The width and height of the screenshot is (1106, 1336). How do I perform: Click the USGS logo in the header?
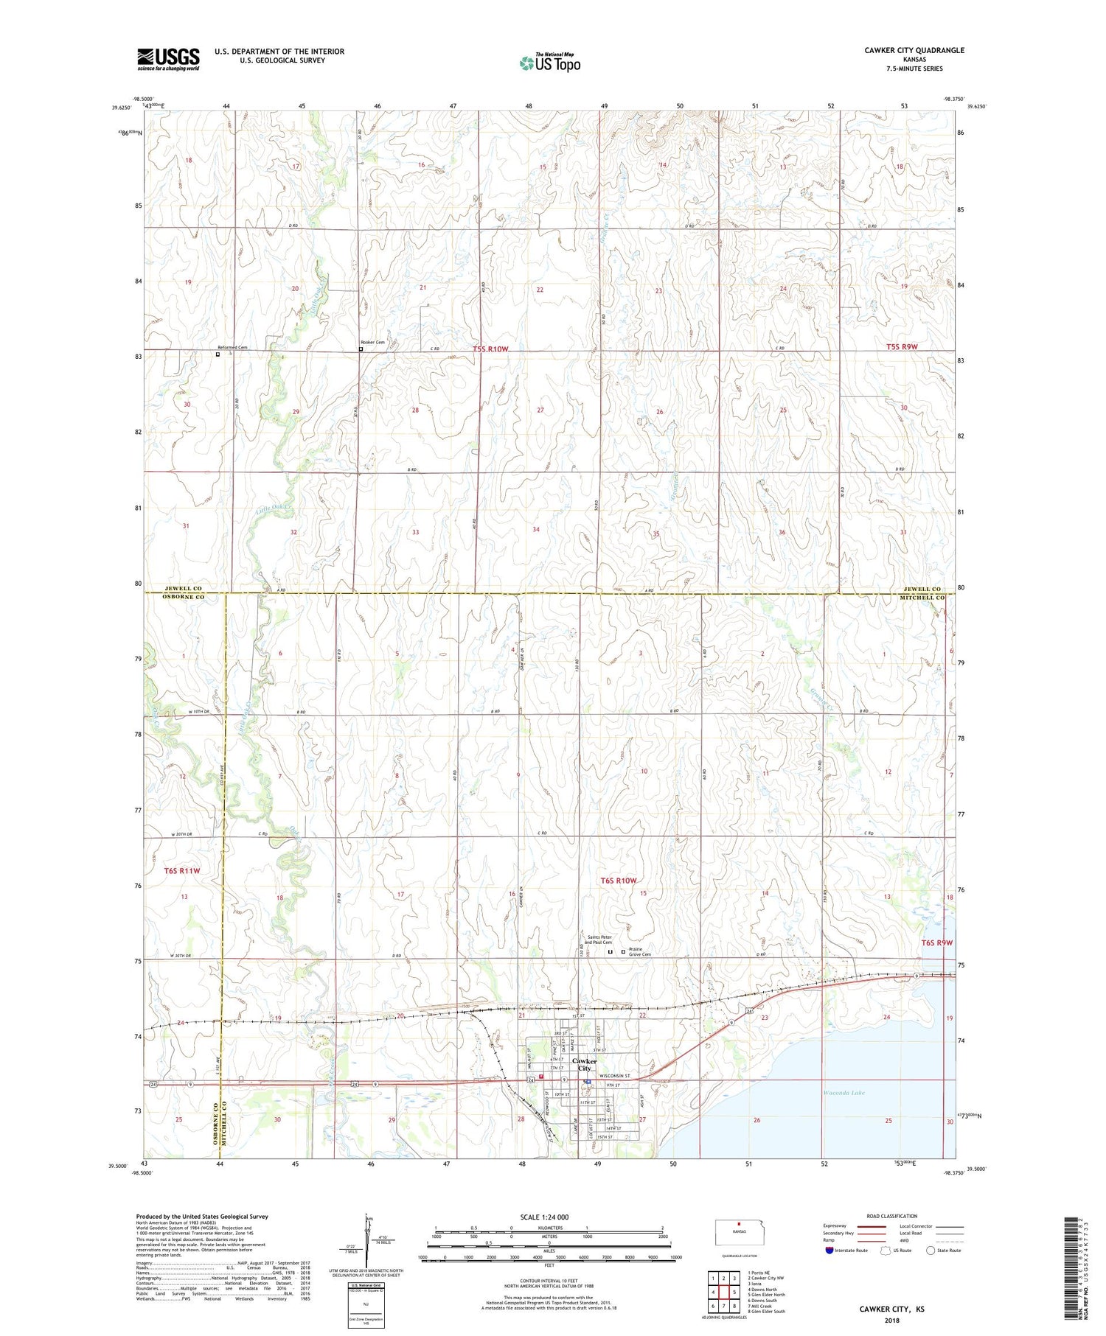tap(168, 59)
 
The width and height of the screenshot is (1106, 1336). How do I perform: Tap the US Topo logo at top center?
tap(549, 63)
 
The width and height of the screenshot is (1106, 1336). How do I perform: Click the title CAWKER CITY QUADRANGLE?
tap(914, 50)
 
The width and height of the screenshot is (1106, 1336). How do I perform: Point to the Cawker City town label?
tap(584, 1064)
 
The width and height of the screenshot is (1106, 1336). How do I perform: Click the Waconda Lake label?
tap(844, 1093)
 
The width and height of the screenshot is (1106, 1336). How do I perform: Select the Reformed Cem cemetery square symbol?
tap(218, 354)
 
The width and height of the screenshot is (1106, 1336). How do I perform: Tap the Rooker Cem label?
tap(372, 343)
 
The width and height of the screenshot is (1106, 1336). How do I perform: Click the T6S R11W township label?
tap(181, 870)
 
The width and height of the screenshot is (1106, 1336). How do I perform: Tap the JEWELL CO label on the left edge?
tap(183, 589)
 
